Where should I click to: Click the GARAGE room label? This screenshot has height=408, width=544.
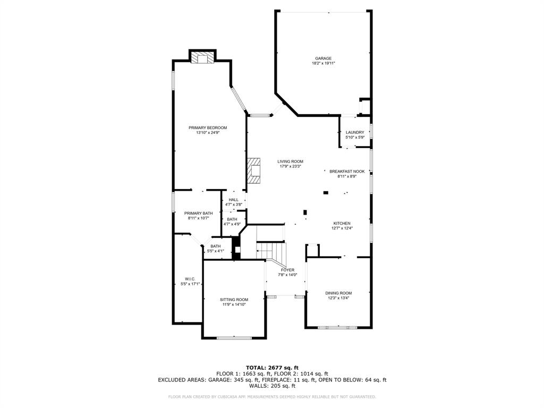tap(323, 58)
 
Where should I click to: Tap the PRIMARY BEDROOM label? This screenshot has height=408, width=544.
tap(208, 127)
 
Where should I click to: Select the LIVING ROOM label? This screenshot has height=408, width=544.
tap(290, 161)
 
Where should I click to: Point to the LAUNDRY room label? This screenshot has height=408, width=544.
tap(354, 132)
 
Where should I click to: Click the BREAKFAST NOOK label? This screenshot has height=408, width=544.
tap(346, 172)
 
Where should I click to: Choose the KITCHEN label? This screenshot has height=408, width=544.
tap(342, 223)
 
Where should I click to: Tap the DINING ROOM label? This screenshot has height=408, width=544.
tap(338, 293)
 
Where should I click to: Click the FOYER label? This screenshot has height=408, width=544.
tap(287, 270)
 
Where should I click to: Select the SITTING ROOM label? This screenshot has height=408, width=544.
tap(234, 300)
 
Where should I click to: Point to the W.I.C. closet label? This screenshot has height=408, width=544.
tap(190, 279)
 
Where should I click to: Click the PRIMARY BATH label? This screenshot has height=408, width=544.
tap(198, 213)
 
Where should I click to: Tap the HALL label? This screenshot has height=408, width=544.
tap(234, 200)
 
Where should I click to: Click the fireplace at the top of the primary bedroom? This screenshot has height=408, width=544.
tap(202, 58)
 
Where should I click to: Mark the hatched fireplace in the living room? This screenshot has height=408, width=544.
tap(254, 171)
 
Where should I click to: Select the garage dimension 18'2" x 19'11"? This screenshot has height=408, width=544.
tap(323, 63)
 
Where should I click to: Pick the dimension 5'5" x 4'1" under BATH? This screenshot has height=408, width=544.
tap(215, 251)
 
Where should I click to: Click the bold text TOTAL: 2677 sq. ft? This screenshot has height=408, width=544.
tap(272, 368)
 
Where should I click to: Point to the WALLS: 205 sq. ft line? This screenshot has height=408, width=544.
tap(272, 386)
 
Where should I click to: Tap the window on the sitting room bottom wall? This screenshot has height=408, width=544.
tap(234, 338)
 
